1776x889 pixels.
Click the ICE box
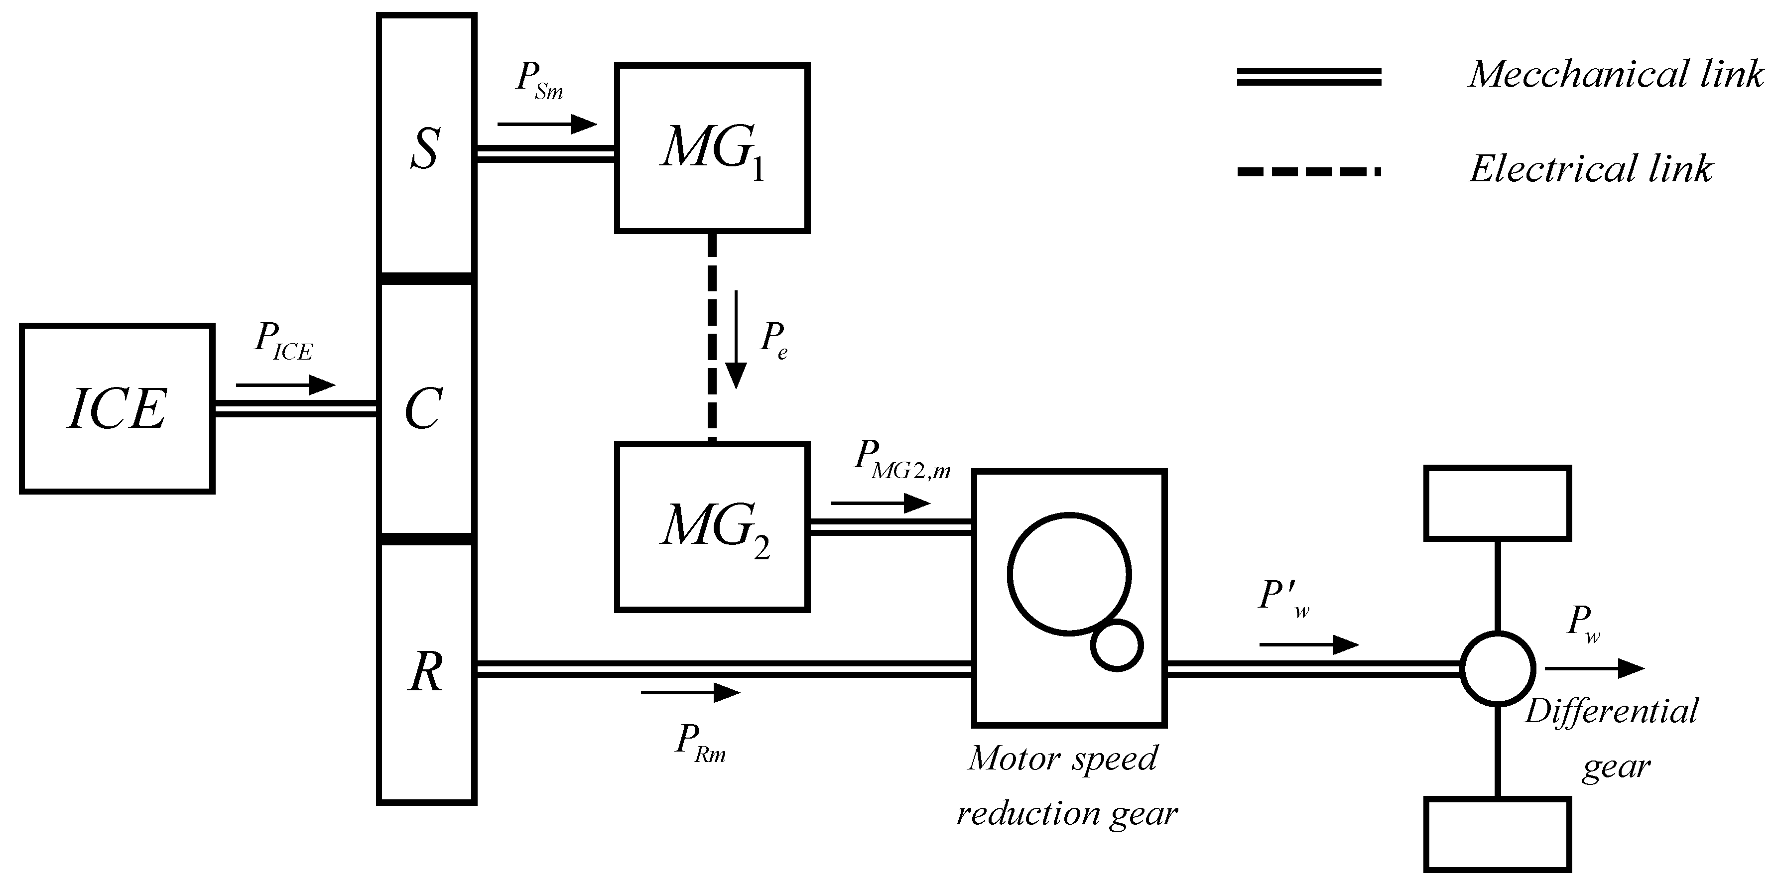click(x=117, y=408)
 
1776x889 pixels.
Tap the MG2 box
click(x=712, y=527)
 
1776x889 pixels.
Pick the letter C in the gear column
click(x=423, y=408)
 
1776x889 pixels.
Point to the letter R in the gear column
click(x=425, y=672)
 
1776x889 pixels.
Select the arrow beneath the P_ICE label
click(x=285, y=385)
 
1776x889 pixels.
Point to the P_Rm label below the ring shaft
click(x=700, y=742)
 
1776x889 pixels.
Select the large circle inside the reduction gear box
click(x=1069, y=572)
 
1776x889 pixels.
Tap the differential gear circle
click(x=1498, y=668)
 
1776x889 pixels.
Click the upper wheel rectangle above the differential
click(x=1498, y=503)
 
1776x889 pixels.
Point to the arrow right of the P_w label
click(x=1594, y=667)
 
